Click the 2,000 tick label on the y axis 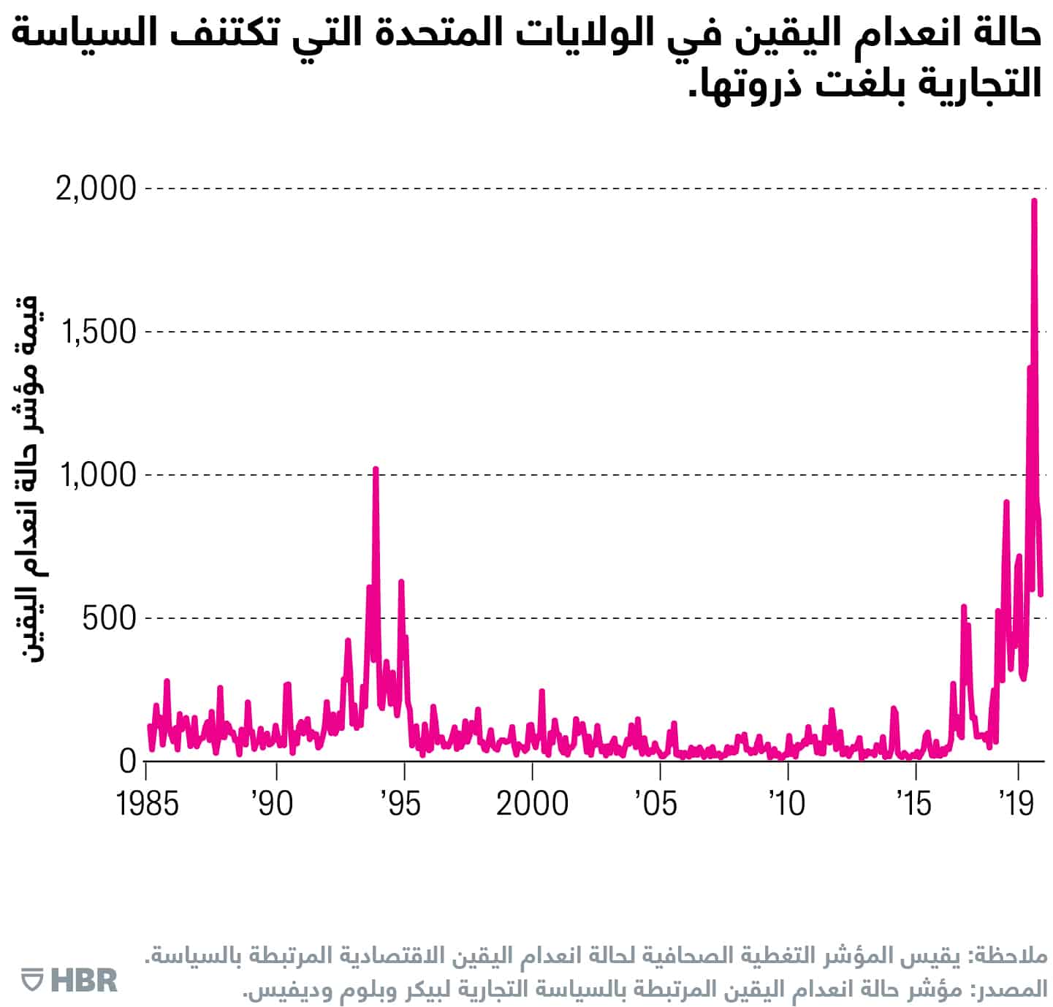(96, 189)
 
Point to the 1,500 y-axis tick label (99, 332)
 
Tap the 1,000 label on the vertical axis (99, 475)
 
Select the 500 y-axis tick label (110, 618)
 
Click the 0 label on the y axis (128, 761)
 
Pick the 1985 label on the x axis (148, 803)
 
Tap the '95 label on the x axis (400, 803)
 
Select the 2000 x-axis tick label (532, 803)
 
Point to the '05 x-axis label (655, 803)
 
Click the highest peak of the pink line (1034, 200)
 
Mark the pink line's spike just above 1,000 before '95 (376, 468)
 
